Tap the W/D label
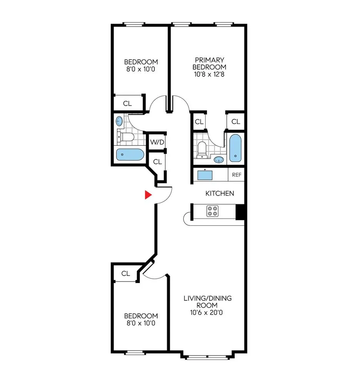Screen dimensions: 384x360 click(157, 142)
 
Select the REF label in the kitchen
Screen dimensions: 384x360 click(236, 175)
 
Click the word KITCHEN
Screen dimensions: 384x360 click(219, 193)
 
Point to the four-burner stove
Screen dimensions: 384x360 click(212, 211)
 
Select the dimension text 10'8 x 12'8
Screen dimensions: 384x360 click(209, 74)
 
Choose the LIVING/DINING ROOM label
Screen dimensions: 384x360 click(207, 302)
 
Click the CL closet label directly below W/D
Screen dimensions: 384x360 click(157, 162)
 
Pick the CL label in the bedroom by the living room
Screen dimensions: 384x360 click(126, 273)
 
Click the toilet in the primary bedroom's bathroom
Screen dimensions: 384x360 click(201, 149)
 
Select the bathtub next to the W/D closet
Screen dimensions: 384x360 click(130, 155)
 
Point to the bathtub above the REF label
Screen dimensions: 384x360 click(235, 148)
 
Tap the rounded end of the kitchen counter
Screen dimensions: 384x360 click(187, 219)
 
